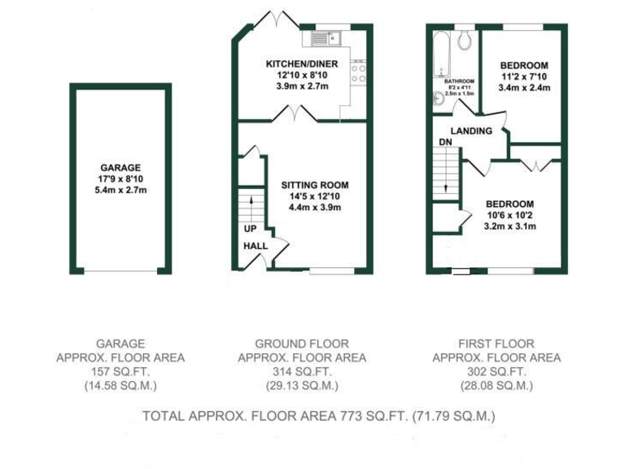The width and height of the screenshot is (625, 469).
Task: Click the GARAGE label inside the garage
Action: (120, 166)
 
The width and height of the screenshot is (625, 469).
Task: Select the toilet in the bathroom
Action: (465, 40)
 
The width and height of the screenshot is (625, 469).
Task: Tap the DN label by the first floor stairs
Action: (445, 142)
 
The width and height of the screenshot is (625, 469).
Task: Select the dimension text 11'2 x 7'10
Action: (523, 77)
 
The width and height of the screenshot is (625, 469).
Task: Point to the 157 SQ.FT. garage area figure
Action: (120, 371)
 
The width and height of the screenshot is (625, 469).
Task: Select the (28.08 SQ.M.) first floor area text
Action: (496, 386)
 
